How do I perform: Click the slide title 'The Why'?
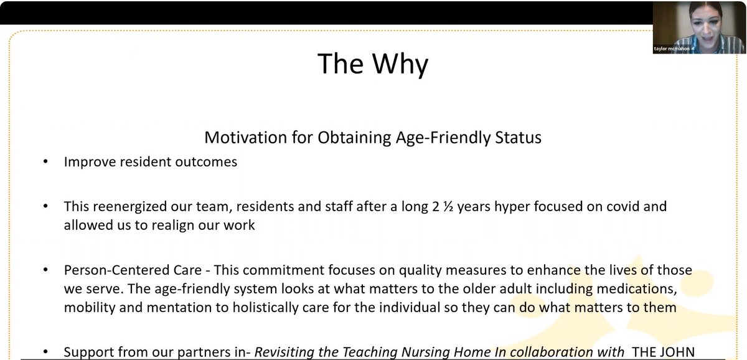click(373, 64)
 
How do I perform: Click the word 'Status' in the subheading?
click(516, 137)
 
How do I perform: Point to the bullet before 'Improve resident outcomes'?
click(45, 162)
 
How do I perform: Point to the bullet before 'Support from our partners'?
click(45, 352)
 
